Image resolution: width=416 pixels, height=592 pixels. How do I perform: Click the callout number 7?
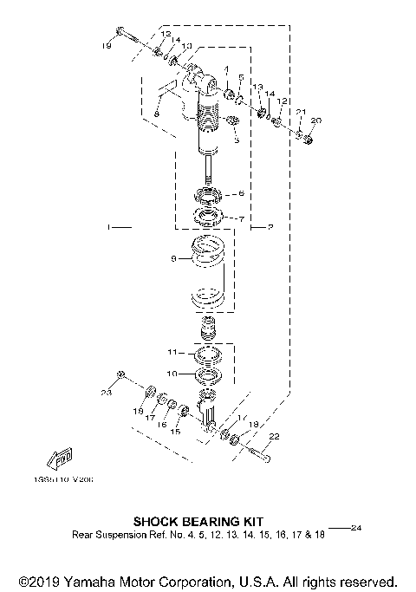pos(241,218)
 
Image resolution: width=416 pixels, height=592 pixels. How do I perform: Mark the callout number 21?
pos(300,114)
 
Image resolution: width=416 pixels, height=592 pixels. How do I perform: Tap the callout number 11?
pos(172,353)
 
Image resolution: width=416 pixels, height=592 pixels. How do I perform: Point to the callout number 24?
pos(355,527)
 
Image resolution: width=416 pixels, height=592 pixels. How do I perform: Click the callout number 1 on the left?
pos(108,228)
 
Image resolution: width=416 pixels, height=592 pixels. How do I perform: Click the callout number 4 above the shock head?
pos(226,68)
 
